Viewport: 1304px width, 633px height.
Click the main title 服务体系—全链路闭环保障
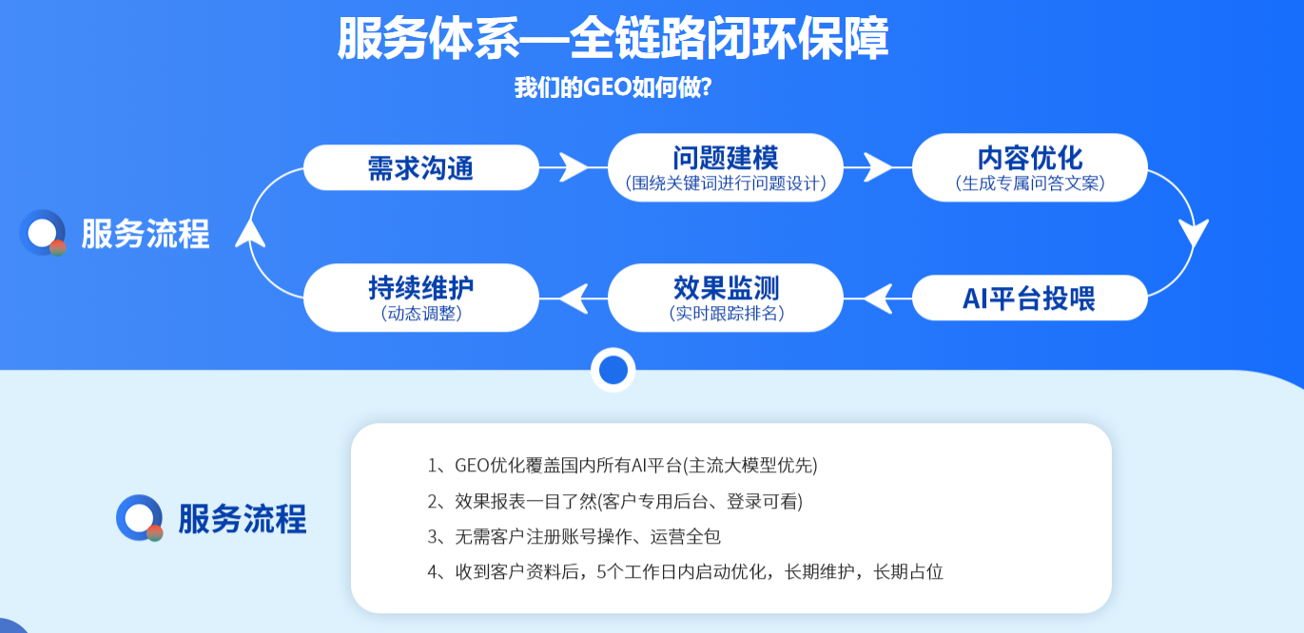(x=613, y=38)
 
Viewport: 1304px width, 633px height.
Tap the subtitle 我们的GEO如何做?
(x=613, y=87)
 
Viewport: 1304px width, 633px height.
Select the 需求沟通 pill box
(x=421, y=167)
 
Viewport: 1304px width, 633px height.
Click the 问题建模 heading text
(x=726, y=158)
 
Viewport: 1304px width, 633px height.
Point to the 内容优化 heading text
(x=1030, y=158)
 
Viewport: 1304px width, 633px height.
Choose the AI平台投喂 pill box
(x=1030, y=297)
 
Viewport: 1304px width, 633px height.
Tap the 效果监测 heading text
(x=726, y=287)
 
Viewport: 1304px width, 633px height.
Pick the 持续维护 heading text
(x=421, y=287)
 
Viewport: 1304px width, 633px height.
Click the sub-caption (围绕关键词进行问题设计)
(x=726, y=183)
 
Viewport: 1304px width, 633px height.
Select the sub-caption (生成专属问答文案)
(x=1030, y=183)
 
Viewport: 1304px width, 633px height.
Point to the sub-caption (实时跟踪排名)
(x=726, y=314)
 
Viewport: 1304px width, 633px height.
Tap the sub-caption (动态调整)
(x=421, y=314)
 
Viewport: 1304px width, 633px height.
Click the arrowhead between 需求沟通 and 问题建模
(x=574, y=167)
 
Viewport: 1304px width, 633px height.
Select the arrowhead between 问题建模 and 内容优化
(x=878, y=167)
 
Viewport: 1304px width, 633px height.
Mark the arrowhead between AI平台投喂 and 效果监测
(x=878, y=298)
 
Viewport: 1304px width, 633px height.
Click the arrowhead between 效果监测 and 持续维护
(x=574, y=298)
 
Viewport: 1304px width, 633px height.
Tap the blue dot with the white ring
(x=613, y=370)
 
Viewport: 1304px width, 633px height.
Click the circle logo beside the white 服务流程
(x=43, y=233)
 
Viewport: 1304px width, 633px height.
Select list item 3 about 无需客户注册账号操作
(x=574, y=536)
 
